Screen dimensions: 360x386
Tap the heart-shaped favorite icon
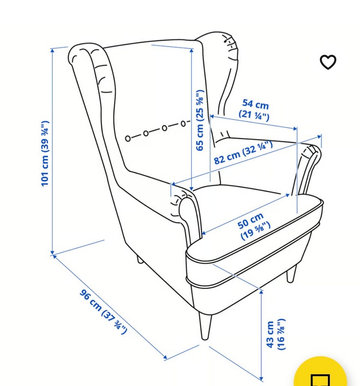[x=328, y=62]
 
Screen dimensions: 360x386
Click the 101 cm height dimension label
[x=45, y=154]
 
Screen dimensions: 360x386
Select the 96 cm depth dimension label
[x=103, y=312]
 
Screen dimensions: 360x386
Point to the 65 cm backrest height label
[x=199, y=120]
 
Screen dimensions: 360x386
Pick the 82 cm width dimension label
[x=243, y=152]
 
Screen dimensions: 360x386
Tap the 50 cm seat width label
[x=253, y=226]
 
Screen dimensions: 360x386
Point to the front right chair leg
[x=291, y=274]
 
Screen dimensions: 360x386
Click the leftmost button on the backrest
[x=127, y=139]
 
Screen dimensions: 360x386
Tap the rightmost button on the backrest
[x=183, y=124]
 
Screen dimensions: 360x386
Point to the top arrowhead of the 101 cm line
[x=52, y=50]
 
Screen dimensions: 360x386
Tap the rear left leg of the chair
[x=140, y=259]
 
